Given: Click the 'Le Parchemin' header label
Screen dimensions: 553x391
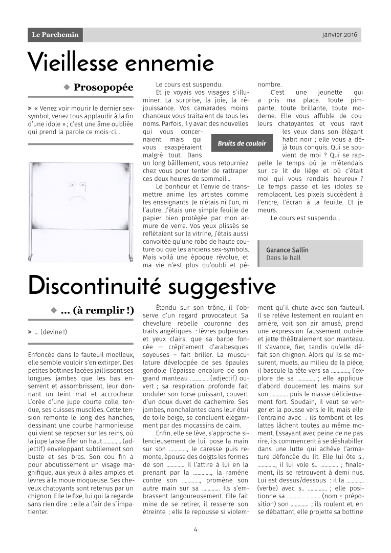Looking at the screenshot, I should point(55,35).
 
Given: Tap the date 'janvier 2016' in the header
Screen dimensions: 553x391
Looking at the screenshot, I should point(340,35).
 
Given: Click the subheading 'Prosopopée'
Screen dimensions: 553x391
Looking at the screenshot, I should point(103,88).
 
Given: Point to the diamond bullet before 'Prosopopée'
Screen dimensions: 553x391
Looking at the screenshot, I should point(67,88).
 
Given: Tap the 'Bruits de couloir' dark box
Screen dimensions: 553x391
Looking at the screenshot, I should point(242,144).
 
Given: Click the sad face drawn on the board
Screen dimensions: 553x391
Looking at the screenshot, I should point(77,192).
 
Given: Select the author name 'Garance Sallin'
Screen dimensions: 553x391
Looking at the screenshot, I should point(287,250).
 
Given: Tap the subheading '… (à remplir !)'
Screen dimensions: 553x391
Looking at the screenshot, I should point(97,311).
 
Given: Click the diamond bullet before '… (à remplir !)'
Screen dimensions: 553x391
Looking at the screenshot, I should point(53,310).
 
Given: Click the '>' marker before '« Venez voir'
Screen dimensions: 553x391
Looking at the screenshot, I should point(30,109).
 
